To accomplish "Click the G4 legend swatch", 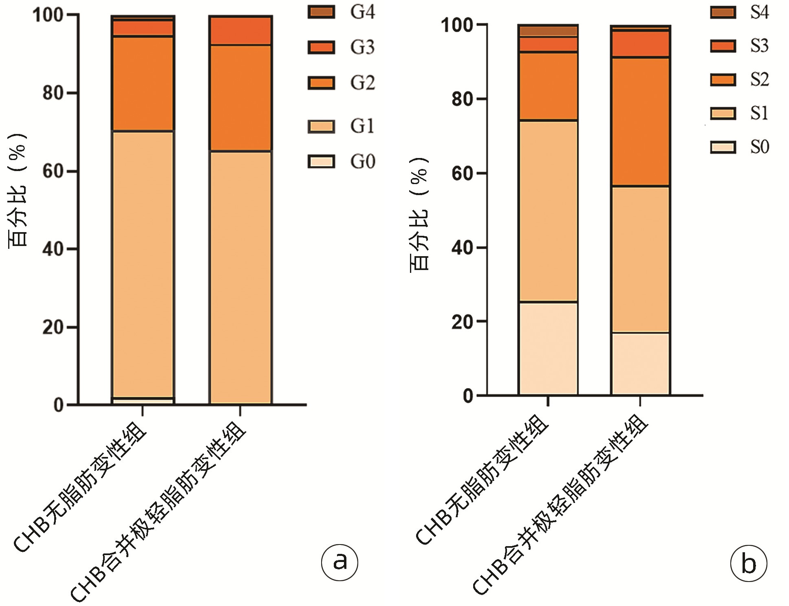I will [321, 12].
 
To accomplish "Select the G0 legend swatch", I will [321, 162].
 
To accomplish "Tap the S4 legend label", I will [759, 13].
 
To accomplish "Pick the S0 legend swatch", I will [723, 147].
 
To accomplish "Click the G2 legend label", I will [362, 83].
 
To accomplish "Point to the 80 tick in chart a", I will [53, 93].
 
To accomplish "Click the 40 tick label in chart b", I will [462, 248].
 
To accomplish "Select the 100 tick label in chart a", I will [48, 15].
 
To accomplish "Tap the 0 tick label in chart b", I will [468, 396].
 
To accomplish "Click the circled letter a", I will [339, 562].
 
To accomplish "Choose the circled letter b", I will [748, 564].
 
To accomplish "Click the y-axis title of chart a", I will [17, 190].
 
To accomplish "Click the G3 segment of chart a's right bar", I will [240, 31].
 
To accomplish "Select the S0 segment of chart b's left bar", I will [548, 348].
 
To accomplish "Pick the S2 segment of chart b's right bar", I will [640, 121].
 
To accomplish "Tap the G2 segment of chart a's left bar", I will [142, 83].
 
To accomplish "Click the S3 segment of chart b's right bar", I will [640, 44].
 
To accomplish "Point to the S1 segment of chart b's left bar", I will [548, 211].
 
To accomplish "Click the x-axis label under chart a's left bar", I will [81, 489].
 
